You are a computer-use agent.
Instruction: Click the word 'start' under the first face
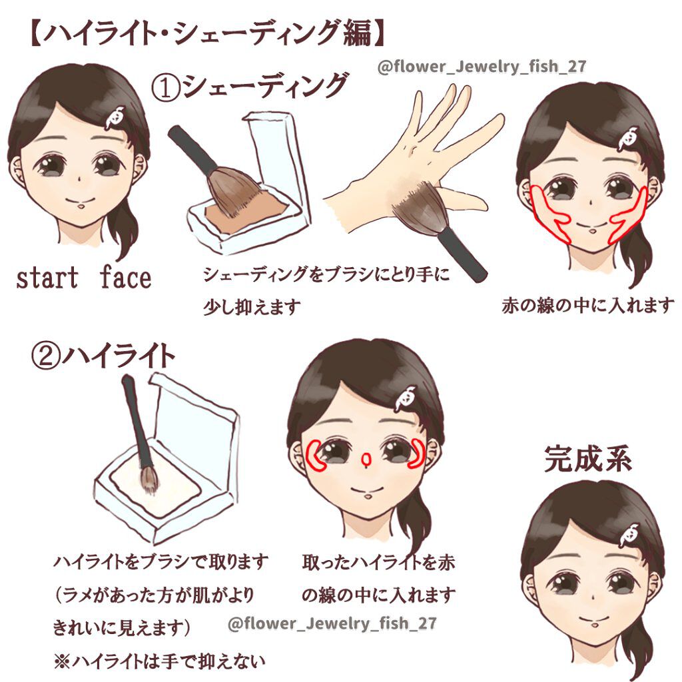pyautogui.click(x=47, y=278)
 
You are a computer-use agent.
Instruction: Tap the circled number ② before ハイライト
pyautogui.click(x=45, y=358)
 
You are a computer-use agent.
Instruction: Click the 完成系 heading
pyautogui.click(x=587, y=458)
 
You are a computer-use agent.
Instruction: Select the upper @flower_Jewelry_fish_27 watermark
pyautogui.click(x=482, y=67)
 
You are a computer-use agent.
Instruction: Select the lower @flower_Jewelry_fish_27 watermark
pyautogui.click(x=332, y=623)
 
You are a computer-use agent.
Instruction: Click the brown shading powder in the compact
pyautogui.click(x=246, y=212)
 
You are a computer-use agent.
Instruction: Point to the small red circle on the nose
pyautogui.click(x=367, y=458)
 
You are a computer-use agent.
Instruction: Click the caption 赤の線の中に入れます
pyautogui.click(x=588, y=305)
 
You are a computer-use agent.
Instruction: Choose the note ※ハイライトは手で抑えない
pyautogui.click(x=159, y=661)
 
